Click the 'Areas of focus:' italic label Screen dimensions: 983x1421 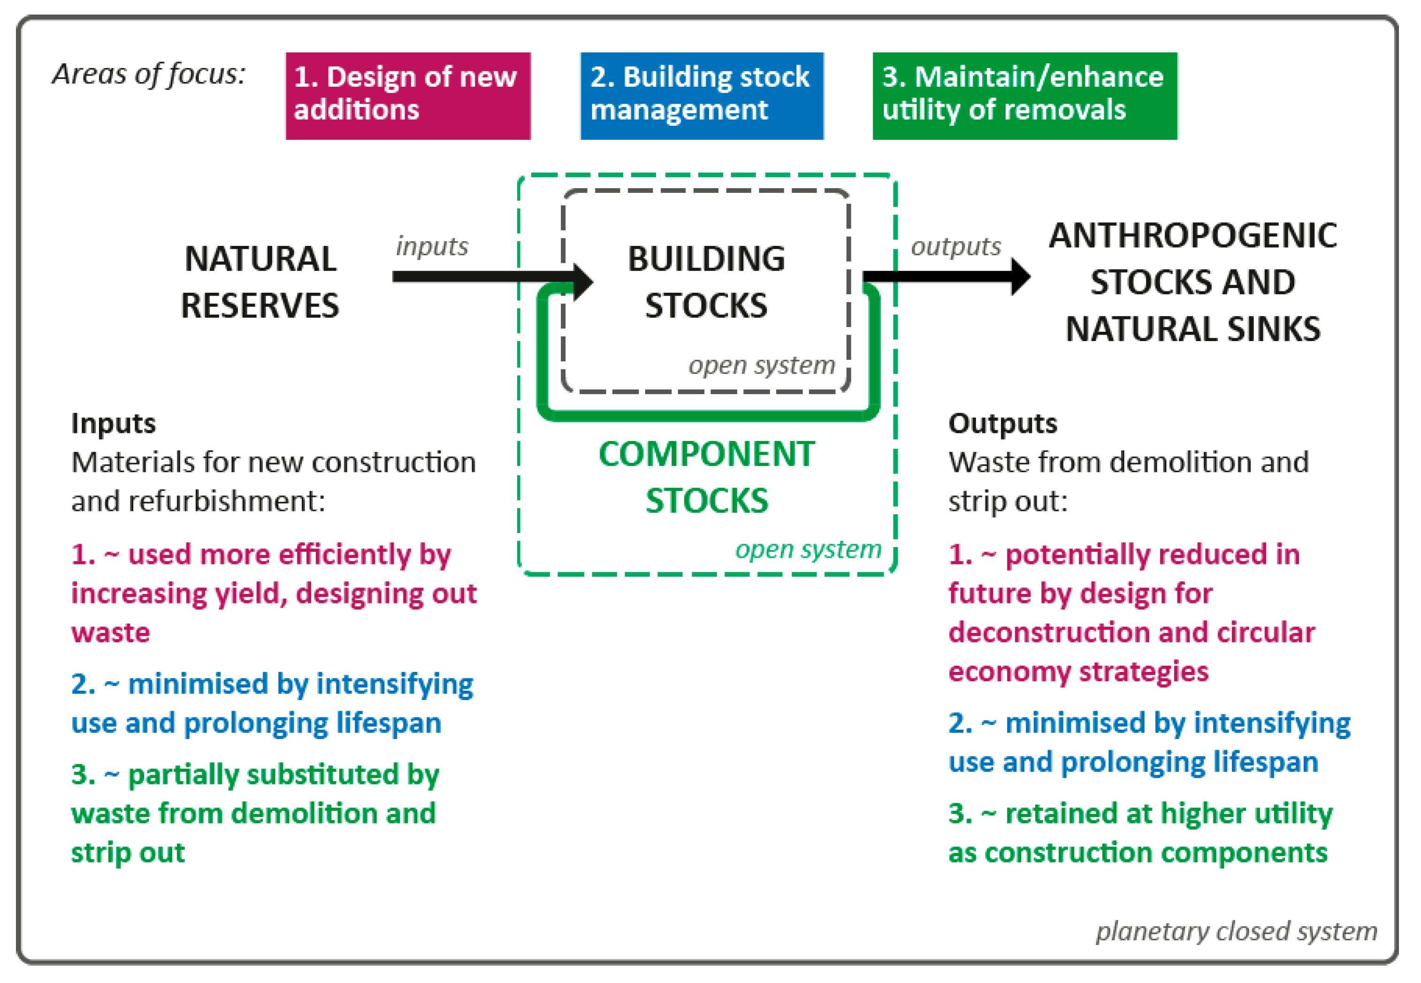[148, 75]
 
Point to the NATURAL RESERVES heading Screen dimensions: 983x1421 [260, 282]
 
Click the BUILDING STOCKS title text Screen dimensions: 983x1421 [706, 282]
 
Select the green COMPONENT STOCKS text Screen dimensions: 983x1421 [706, 477]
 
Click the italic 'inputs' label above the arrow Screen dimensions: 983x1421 [432, 246]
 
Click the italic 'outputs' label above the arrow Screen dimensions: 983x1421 [955, 247]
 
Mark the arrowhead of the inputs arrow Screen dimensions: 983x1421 [582, 282]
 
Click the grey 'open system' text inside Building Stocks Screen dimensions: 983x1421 [761, 365]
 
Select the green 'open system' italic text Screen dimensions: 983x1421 [808, 549]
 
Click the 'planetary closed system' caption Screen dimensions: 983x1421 [1236, 930]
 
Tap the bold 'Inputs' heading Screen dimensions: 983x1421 [114, 424]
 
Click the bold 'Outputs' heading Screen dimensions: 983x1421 [1002, 424]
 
